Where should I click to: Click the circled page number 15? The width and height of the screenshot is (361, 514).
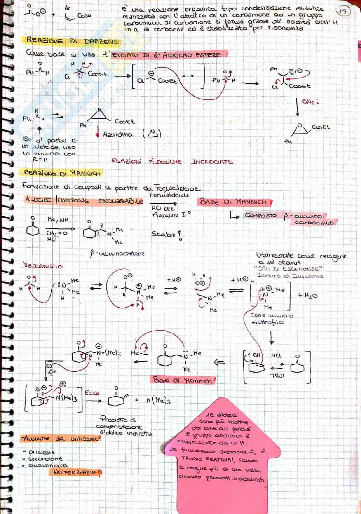coord(343,12)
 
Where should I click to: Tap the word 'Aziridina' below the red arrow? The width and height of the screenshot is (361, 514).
coord(118,134)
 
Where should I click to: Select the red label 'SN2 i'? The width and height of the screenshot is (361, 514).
coord(310,102)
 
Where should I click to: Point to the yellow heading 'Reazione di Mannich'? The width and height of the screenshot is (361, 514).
coord(62,173)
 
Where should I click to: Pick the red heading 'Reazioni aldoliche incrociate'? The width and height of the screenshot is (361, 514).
coord(172,161)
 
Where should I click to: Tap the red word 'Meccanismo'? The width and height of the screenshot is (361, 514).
coord(43,266)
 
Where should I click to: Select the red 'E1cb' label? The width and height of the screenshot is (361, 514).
coord(92,393)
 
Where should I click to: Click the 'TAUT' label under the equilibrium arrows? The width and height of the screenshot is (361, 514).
coord(277,376)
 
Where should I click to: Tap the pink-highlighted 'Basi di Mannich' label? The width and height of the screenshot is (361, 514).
coord(183,380)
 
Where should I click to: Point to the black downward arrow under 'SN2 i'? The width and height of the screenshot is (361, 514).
coord(298,107)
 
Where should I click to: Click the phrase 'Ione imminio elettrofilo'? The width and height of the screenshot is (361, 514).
coord(272,319)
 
